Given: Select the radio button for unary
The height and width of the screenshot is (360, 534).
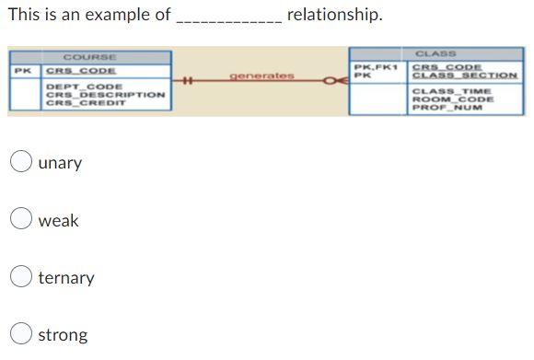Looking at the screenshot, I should click(22, 162).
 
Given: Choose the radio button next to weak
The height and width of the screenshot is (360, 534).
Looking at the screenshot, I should click(22, 220).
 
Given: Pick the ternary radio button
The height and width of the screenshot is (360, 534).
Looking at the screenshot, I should click(22, 277).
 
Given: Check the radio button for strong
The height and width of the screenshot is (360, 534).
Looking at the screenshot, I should click(22, 334).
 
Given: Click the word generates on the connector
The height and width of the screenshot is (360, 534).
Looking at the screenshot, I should click(261, 75).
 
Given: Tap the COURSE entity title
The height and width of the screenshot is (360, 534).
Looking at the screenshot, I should click(89, 57).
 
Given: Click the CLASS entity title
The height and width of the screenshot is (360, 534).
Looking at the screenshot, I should click(435, 53).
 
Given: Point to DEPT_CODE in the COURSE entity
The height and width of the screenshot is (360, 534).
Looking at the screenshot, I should click(84, 87).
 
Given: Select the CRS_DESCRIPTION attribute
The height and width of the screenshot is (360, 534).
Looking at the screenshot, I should click(105, 95).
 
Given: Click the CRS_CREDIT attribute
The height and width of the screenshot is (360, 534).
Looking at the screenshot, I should click(87, 103).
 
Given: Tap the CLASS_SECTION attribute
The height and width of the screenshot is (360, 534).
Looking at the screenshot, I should click(464, 75).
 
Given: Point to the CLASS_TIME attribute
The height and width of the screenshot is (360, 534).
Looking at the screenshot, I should click(451, 91).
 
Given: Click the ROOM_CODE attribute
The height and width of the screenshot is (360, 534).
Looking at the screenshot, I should click(452, 99).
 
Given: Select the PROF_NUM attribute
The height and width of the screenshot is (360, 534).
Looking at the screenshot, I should click(447, 108).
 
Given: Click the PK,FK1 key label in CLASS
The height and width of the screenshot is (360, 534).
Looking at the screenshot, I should click(375, 67).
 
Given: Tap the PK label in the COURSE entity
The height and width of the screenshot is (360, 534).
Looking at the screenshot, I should click(22, 70).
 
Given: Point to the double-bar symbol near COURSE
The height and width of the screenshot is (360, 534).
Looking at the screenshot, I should click(186, 81).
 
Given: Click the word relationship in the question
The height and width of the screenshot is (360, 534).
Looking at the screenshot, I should click(334, 15).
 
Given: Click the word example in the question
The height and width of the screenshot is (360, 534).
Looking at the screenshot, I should click(119, 15).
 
